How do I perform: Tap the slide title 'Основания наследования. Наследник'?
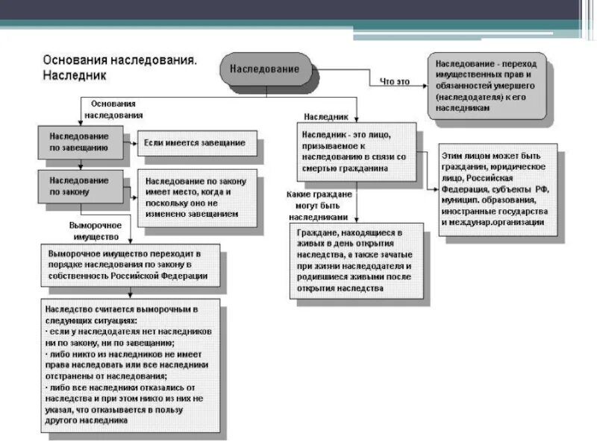click(x=119, y=66)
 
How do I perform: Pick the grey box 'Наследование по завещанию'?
click(x=80, y=142)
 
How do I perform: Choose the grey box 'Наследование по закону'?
click(x=80, y=186)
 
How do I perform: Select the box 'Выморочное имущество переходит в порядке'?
click(x=131, y=264)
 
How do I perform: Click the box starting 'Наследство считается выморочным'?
click(x=131, y=364)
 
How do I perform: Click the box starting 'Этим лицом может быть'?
click(x=498, y=189)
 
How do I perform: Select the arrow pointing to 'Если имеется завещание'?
click(x=130, y=142)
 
